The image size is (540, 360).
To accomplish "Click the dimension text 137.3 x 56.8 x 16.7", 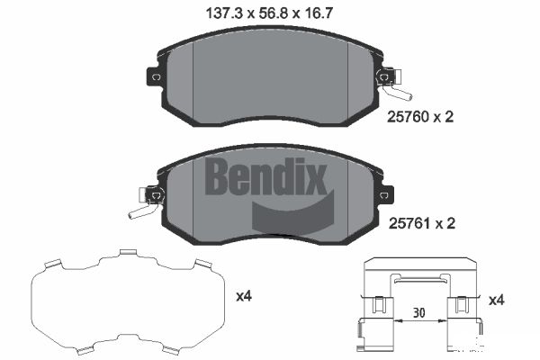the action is click(269, 13).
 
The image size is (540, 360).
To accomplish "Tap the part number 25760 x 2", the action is click(420, 117).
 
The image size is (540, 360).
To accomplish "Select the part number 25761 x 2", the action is click(422, 223).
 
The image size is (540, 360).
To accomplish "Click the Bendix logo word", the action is click(265, 176).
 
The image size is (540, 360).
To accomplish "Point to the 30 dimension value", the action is click(418, 313).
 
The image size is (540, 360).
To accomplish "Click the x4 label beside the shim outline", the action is click(244, 296).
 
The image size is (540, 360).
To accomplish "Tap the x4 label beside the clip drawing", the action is click(496, 300).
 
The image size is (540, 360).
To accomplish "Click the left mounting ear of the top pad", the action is click(154, 76).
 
